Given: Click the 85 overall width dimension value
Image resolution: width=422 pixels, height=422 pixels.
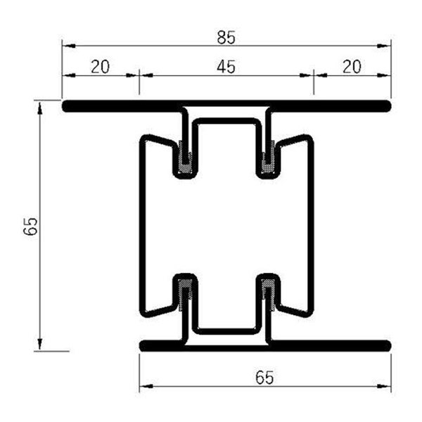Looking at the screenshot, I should click(226, 32).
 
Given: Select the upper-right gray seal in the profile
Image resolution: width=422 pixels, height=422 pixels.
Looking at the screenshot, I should click(267, 158).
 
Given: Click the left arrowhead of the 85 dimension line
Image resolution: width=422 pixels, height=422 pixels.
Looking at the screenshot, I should click(67, 46).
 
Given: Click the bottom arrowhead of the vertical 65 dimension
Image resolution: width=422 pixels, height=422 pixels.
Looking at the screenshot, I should click(40, 344).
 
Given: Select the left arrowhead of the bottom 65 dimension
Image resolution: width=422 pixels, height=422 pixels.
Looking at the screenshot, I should click(144, 386).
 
